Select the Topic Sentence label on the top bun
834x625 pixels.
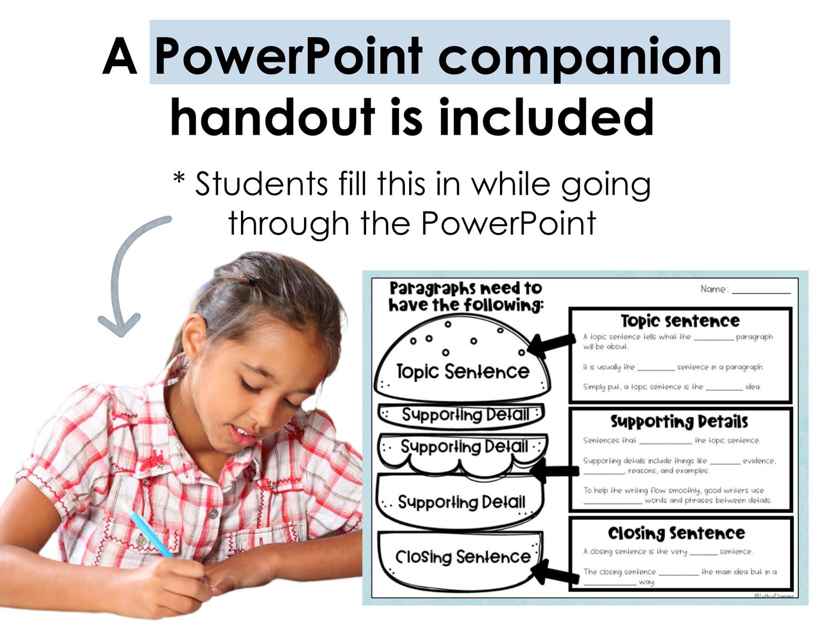[462, 372]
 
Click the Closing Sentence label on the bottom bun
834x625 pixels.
[462, 556]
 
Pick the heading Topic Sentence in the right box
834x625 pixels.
[680, 321]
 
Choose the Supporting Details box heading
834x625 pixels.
[679, 421]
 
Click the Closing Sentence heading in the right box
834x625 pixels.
[676, 533]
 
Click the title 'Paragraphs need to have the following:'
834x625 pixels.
[465, 296]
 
